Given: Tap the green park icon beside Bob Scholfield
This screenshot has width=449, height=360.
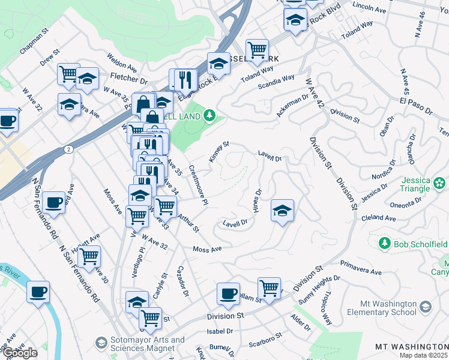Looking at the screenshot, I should (384, 244).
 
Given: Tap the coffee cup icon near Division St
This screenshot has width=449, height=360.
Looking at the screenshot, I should (228, 293).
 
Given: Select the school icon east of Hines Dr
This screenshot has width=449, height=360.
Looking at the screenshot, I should (282, 211).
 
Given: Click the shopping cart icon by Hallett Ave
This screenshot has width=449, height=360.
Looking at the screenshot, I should (89, 257).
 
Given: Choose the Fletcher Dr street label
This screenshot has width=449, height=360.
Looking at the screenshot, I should (129, 79).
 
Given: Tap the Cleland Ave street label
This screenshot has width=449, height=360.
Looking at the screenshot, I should (378, 219).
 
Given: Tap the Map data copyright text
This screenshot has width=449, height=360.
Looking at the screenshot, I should (424, 355).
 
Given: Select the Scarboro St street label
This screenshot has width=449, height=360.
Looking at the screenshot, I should (265, 340).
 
